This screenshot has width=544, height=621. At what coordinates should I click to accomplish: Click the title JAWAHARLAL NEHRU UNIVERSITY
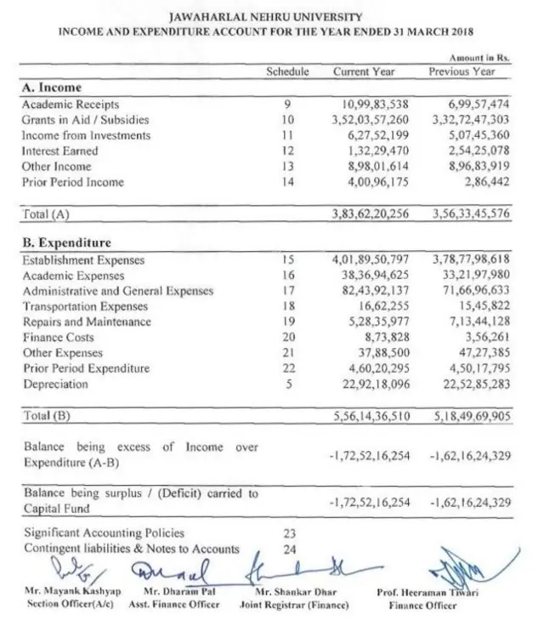click(x=271, y=17)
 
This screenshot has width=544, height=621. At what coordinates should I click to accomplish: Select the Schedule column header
click(x=287, y=71)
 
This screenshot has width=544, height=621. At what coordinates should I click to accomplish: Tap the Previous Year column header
click(x=462, y=71)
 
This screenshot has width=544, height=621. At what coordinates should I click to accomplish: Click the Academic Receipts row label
click(x=60, y=104)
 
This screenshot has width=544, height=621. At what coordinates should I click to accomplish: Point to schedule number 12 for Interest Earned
click(x=286, y=151)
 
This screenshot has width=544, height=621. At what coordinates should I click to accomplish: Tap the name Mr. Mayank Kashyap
click(x=73, y=591)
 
